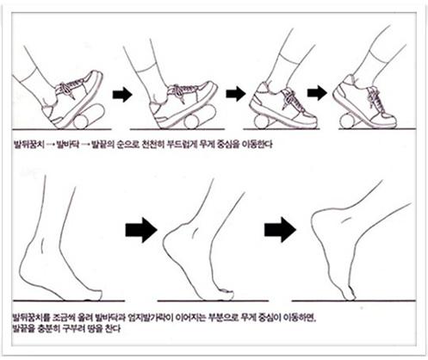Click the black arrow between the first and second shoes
pos(122,94)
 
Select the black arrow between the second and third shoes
pos(236,93)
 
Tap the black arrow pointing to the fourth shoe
pos(317,92)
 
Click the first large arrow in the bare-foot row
pos(141,230)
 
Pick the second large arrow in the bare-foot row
pos(280,230)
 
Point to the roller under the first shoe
pos(89,117)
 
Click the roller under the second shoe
pos(200,117)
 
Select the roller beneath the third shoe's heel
pos(262,121)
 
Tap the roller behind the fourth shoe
pos(348,121)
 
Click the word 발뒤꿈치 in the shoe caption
pos(28,145)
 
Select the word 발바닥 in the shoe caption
pos(68,145)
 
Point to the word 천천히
pos(152,144)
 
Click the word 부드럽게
pos(182,144)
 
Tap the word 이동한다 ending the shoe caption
pos(257,144)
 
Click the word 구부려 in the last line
pos(73,328)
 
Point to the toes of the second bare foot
pos(226,295)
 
